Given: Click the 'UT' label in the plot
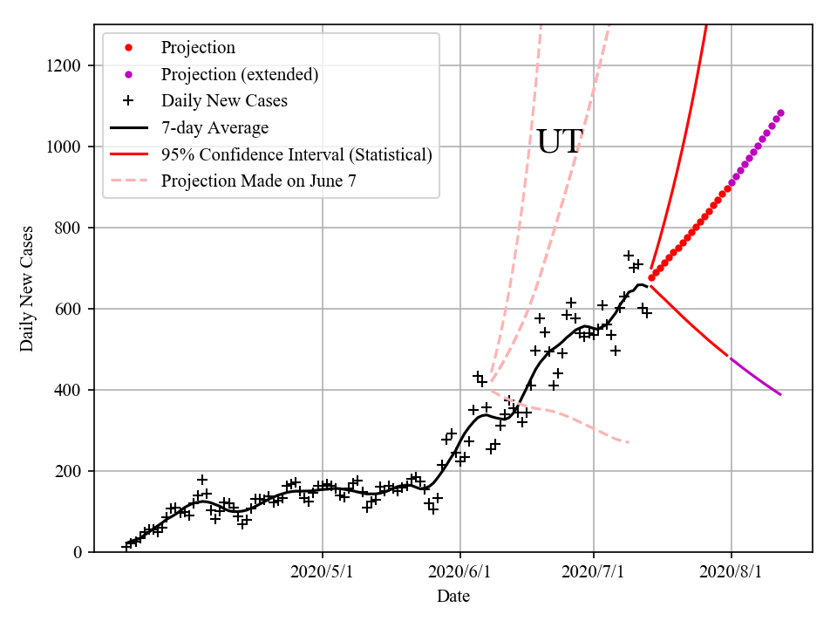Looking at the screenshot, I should (x=558, y=142).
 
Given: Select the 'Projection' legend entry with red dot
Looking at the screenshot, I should (x=198, y=48).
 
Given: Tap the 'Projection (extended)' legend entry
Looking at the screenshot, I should (x=240, y=74).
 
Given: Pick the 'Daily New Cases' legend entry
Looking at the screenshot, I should (x=224, y=101).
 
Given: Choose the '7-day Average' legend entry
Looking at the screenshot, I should (x=214, y=128).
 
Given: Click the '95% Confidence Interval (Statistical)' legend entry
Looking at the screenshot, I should (x=296, y=155).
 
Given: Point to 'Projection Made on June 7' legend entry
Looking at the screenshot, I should (x=258, y=181).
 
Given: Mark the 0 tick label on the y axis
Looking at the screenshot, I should (x=78, y=553).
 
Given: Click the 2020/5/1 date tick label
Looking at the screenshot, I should (x=323, y=573).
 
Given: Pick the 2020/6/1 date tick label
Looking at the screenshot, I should (x=459, y=573).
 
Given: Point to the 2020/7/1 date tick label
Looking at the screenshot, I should (x=594, y=573).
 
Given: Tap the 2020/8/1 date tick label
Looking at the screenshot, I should (x=731, y=573).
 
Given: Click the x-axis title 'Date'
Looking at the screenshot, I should (x=453, y=597).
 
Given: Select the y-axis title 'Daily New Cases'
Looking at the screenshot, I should (x=27, y=288).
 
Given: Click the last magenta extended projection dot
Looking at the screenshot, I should (x=780, y=113).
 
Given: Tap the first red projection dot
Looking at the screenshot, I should (x=651, y=277).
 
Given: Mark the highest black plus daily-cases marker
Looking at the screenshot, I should (x=628, y=256).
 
